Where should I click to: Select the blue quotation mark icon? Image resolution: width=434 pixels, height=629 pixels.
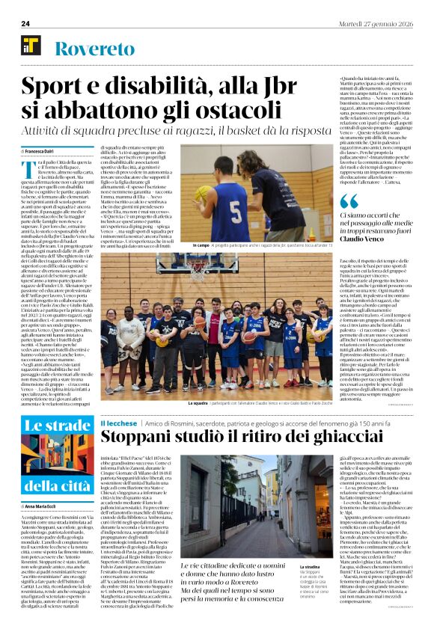(x=349, y=200)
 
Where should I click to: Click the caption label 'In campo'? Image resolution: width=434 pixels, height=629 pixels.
(x=201, y=245)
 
